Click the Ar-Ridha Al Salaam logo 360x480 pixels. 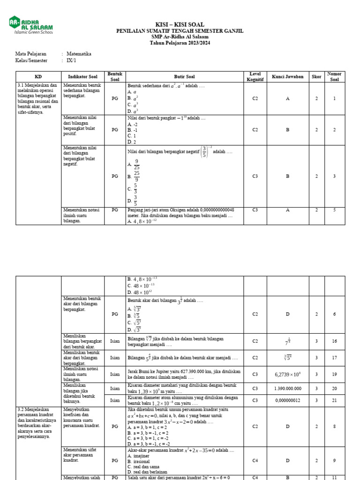click(x=30, y=25)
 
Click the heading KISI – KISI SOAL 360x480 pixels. click(x=180, y=24)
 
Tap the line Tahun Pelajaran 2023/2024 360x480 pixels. click(x=180, y=43)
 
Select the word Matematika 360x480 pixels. click(x=79, y=54)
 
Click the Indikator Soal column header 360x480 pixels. click(x=82, y=76)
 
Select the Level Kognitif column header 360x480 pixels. click(x=255, y=76)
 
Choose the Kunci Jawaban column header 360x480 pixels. click(x=288, y=76)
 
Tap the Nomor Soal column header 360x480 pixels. click(x=334, y=76)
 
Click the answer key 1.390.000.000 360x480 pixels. click(x=288, y=389)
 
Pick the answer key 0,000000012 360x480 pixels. click(x=288, y=400)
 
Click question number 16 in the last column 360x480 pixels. click(x=334, y=341)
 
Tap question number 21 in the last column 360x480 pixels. click(x=334, y=400)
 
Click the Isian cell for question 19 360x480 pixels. click(x=115, y=374)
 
